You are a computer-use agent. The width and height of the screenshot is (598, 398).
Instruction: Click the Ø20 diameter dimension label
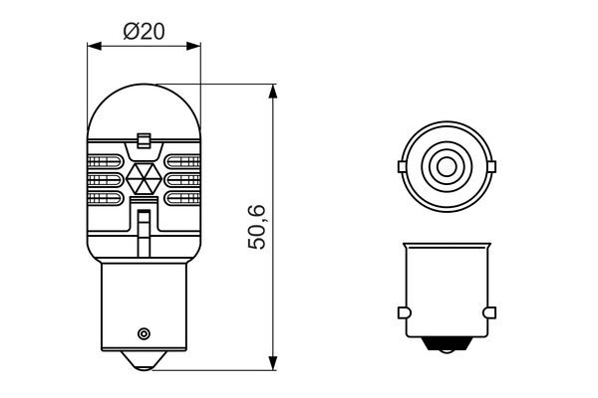pyautogui.click(x=145, y=31)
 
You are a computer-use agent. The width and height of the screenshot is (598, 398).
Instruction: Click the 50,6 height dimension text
pyautogui.click(x=257, y=227)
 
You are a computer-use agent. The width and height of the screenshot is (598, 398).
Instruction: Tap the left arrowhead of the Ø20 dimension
pyautogui.click(x=95, y=46)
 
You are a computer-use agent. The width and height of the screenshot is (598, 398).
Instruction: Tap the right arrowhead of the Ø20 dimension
pyautogui.click(x=193, y=46)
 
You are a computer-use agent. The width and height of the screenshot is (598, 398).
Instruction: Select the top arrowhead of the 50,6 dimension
pyautogui.click(x=273, y=92)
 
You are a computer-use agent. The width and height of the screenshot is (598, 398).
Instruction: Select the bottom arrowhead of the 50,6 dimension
pyautogui.click(x=273, y=362)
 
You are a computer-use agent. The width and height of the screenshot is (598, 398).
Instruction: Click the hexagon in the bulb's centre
pyautogui.click(x=145, y=178)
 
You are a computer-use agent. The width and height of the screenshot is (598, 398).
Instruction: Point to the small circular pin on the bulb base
pyautogui.click(x=144, y=334)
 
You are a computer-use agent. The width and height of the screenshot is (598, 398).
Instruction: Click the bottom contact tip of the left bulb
pyautogui.click(x=144, y=361)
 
